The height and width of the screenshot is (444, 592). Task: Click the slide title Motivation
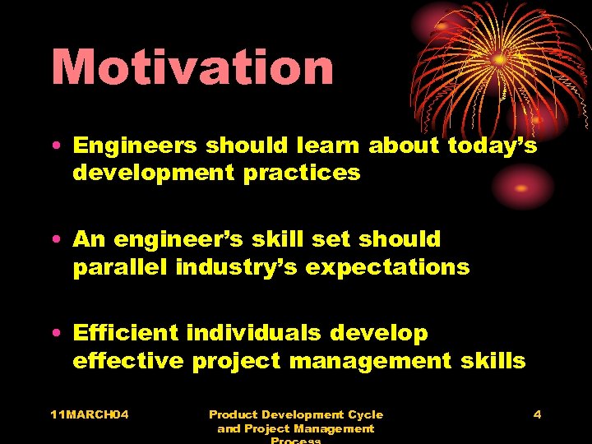[x=192, y=67]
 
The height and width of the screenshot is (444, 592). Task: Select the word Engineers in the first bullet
[x=135, y=146]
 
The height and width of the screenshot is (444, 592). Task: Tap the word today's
[x=493, y=146]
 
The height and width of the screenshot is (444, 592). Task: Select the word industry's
[x=238, y=267]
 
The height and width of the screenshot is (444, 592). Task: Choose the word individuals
[x=254, y=333]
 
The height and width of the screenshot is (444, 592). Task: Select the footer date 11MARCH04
[x=89, y=414]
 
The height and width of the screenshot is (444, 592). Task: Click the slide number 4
[x=537, y=414]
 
